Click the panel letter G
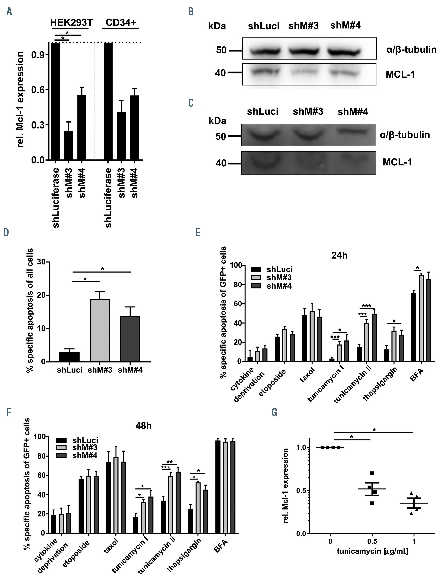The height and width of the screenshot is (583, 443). pos(274,413)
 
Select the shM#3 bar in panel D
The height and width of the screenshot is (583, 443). pos(100,330)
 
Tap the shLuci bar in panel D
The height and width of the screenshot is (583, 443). pos(70,357)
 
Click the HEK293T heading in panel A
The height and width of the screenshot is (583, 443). pos(72,23)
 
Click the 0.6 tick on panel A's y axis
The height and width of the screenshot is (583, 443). pos(37,90)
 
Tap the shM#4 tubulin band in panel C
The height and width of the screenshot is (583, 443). pos(353,131)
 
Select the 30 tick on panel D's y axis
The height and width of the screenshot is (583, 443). pos(41,262)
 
